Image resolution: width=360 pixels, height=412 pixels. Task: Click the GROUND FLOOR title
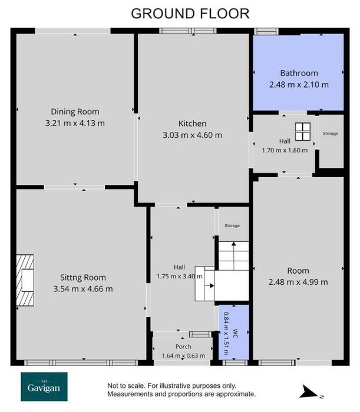pos(190,14)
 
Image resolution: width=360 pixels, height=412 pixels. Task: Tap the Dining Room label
pos(75,112)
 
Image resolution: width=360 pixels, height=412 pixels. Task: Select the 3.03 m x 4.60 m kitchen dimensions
pos(192,135)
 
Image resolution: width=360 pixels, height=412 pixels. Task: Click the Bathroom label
pos(299,73)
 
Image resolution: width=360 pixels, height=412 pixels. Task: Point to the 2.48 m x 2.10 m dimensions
pos(299,85)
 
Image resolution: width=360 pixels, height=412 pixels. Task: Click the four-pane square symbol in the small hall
pos(303,132)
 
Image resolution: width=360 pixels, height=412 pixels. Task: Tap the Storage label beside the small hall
pos(331,134)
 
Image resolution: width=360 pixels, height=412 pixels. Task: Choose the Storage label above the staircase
pos(232,225)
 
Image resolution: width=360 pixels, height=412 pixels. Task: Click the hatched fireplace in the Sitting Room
pos(25,280)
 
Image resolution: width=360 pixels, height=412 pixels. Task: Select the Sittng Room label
pos(83,277)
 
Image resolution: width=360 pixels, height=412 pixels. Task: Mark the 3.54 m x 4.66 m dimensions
pos(83,289)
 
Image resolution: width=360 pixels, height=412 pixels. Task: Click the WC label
pos(235,334)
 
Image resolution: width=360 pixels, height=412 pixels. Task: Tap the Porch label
pos(183,347)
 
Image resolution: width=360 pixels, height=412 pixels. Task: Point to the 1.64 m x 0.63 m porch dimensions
pos(183,355)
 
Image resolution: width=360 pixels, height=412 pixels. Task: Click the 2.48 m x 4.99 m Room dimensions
pos(298,282)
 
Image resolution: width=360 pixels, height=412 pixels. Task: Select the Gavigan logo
pos(44,387)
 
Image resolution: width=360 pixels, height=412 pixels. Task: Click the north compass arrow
pos(309,392)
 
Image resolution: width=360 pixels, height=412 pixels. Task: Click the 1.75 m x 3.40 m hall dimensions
pos(179,277)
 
